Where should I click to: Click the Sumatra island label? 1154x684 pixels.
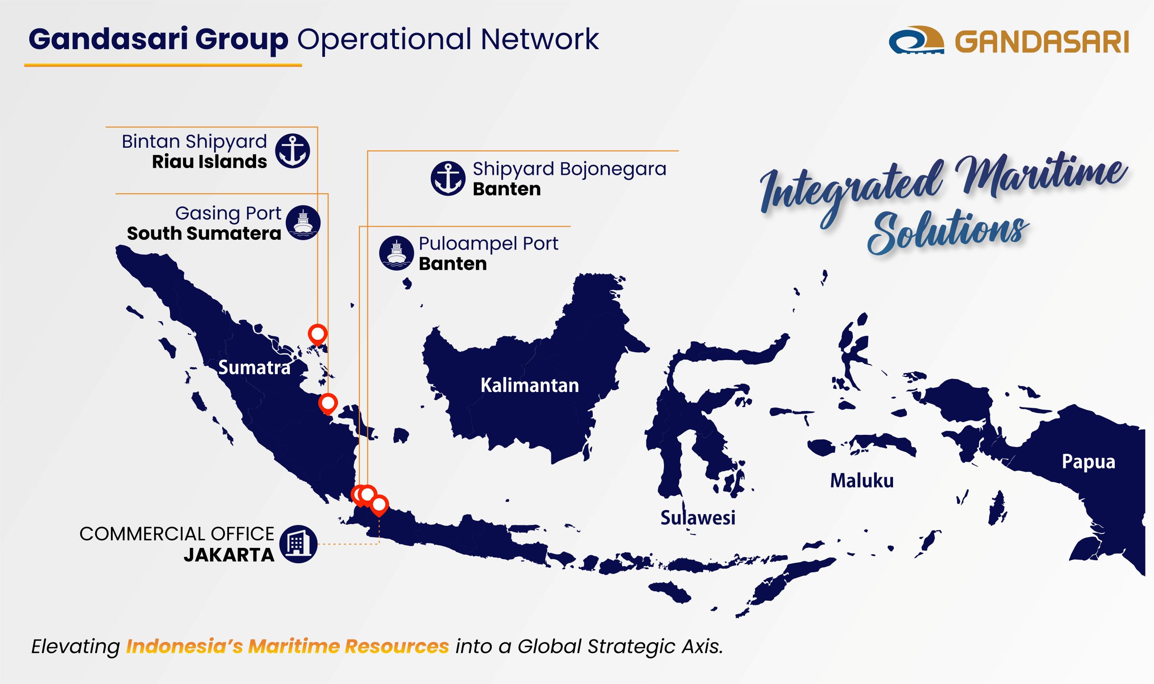tap(254, 368)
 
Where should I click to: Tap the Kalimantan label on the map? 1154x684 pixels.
tap(529, 385)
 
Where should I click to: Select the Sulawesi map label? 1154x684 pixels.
tap(697, 518)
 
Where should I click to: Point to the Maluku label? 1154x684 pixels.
tap(862, 481)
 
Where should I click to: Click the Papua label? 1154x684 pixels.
tap(1088, 461)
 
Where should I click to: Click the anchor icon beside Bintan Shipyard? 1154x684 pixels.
tap(292, 150)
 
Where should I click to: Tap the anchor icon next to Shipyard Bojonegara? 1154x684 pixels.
tap(448, 178)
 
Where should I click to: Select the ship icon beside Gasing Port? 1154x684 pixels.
tap(303, 223)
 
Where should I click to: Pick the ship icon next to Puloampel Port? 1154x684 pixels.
tap(396, 253)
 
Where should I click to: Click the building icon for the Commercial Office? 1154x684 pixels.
tap(298, 544)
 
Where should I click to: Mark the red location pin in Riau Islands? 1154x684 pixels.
tap(318, 333)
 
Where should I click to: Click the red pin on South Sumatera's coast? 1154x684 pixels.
tap(328, 403)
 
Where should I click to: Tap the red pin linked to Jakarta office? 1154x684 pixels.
tap(379, 505)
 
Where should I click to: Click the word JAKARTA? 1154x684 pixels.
tap(229, 555)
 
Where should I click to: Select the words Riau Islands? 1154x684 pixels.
tap(209, 162)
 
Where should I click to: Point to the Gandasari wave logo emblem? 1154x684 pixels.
tap(916, 40)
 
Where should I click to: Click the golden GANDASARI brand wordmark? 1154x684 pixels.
tap(1041, 42)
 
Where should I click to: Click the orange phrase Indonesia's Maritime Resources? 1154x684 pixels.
tap(287, 646)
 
